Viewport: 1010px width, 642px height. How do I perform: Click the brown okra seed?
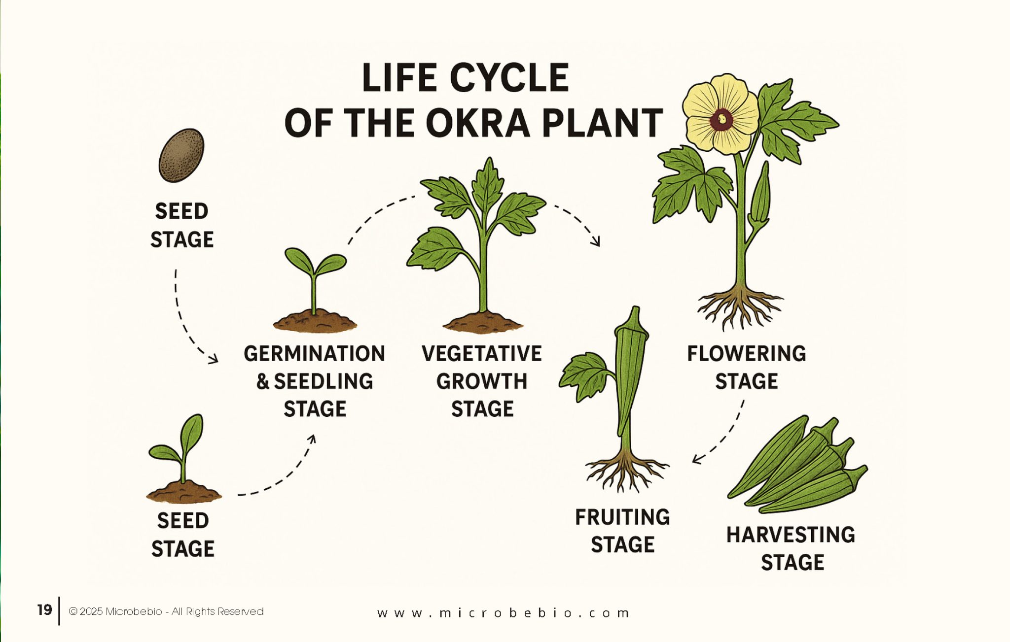[181, 155]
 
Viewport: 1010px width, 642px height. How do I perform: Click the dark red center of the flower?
[722, 119]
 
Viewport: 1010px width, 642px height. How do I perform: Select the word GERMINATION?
[314, 354]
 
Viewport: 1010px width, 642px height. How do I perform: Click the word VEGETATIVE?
[481, 354]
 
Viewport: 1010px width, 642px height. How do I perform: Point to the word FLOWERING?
[746, 354]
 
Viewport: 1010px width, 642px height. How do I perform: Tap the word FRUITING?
[622, 517]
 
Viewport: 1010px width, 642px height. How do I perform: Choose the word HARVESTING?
[791, 535]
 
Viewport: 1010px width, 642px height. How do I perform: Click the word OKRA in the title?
[477, 123]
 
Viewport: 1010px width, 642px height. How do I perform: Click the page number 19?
[44, 610]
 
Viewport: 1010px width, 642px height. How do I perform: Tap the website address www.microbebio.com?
[503, 613]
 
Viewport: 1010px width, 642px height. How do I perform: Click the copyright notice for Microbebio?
[166, 611]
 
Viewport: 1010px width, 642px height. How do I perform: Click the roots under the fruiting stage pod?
[625, 471]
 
